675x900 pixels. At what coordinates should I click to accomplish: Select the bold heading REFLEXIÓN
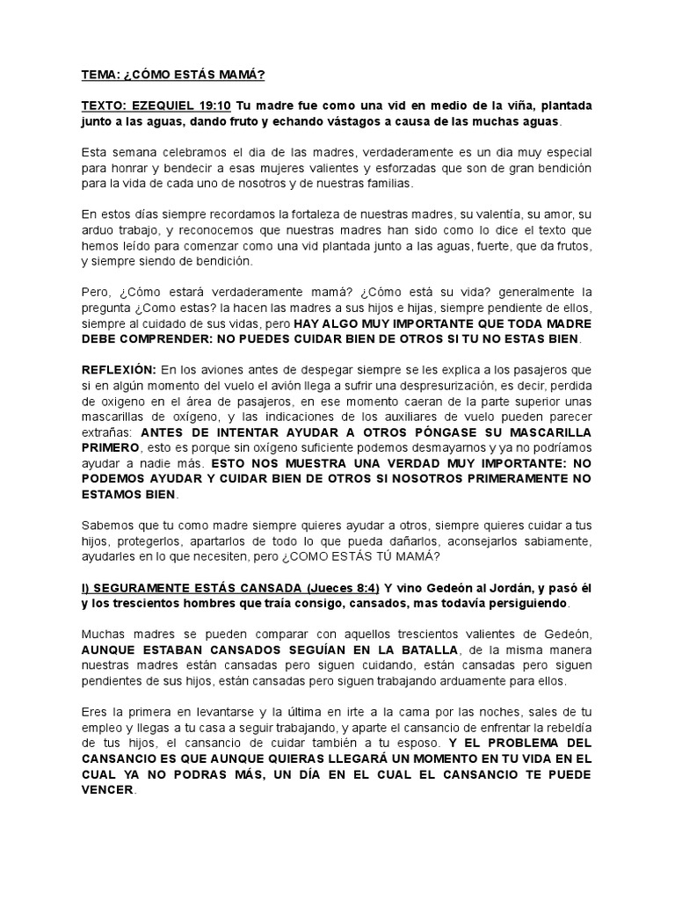tap(119, 370)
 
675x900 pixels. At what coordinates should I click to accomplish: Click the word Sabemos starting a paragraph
tap(106, 526)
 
